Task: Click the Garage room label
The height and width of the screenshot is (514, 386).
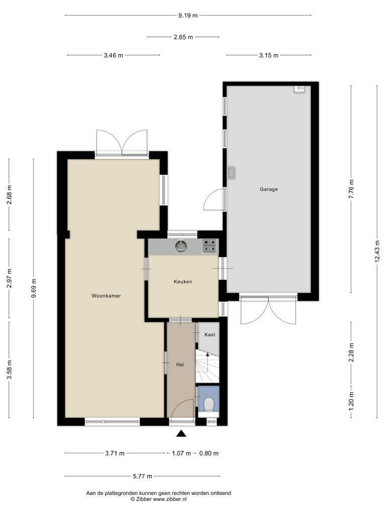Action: pyautogui.click(x=268, y=189)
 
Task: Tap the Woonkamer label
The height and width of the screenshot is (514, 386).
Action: pyautogui.click(x=106, y=296)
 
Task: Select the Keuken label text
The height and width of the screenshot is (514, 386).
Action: pyautogui.click(x=183, y=282)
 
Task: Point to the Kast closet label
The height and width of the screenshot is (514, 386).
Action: pyautogui.click(x=210, y=335)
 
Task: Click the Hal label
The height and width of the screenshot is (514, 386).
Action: pyautogui.click(x=180, y=364)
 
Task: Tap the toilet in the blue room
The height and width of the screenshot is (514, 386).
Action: pyautogui.click(x=209, y=404)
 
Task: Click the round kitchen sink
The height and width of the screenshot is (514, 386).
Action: pyautogui.click(x=181, y=246)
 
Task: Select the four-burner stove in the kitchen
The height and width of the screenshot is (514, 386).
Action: pyautogui.click(x=210, y=246)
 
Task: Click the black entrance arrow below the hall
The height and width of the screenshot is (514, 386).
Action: pyautogui.click(x=181, y=434)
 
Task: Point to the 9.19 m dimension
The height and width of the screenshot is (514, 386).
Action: pyautogui.click(x=188, y=15)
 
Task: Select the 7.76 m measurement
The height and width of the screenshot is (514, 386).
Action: pyautogui.click(x=351, y=189)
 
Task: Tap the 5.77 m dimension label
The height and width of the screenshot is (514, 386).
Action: pyautogui.click(x=142, y=476)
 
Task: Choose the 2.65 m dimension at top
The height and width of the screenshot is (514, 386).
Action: pyautogui.click(x=183, y=37)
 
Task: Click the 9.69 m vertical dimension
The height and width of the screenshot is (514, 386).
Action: pyautogui.click(x=34, y=288)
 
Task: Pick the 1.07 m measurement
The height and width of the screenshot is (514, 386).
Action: pyautogui.click(x=181, y=453)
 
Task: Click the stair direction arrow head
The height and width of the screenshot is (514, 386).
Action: pyautogui.click(x=207, y=354)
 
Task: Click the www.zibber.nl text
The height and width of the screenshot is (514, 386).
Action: pyautogui.click(x=170, y=499)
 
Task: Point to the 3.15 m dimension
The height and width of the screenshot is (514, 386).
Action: pyautogui.click(x=268, y=55)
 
